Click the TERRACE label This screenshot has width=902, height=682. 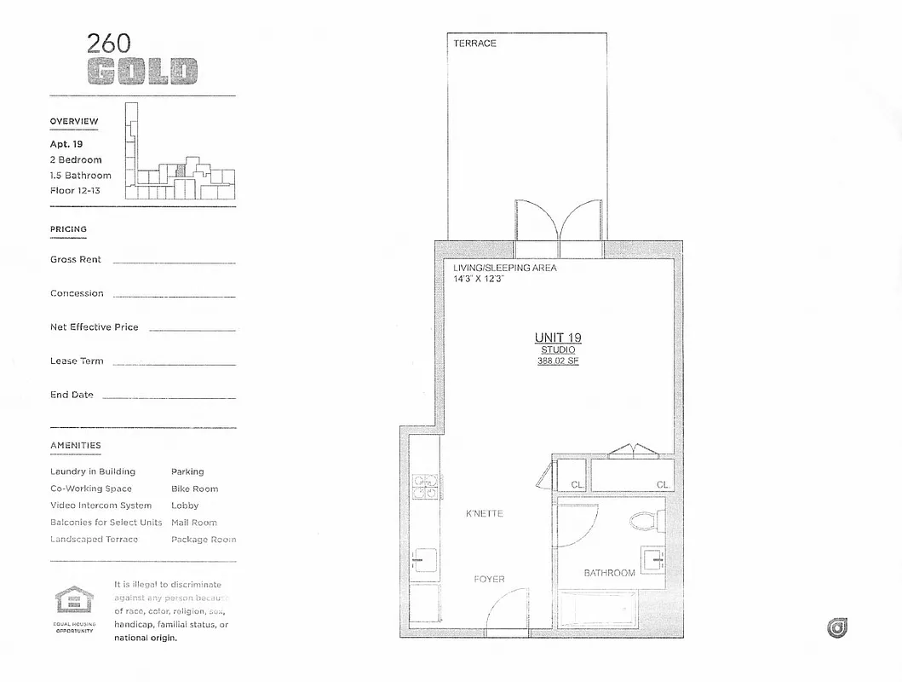(x=474, y=43)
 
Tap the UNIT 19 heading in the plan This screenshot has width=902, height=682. (x=558, y=338)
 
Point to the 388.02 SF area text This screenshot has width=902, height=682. (x=558, y=361)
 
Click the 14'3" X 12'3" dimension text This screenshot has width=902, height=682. (x=480, y=279)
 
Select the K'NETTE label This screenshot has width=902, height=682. (x=484, y=513)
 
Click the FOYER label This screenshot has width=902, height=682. (x=489, y=579)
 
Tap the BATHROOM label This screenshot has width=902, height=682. (x=609, y=573)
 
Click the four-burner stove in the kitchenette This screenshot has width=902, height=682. (x=425, y=486)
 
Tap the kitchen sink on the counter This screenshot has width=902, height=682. (x=424, y=562)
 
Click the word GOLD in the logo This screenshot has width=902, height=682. (x=143, y=72)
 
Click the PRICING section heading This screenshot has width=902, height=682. (x=68, y=229)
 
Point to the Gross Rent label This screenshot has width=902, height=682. (x=75, y=259)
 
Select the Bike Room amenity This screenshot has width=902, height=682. (x=194, y=488)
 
